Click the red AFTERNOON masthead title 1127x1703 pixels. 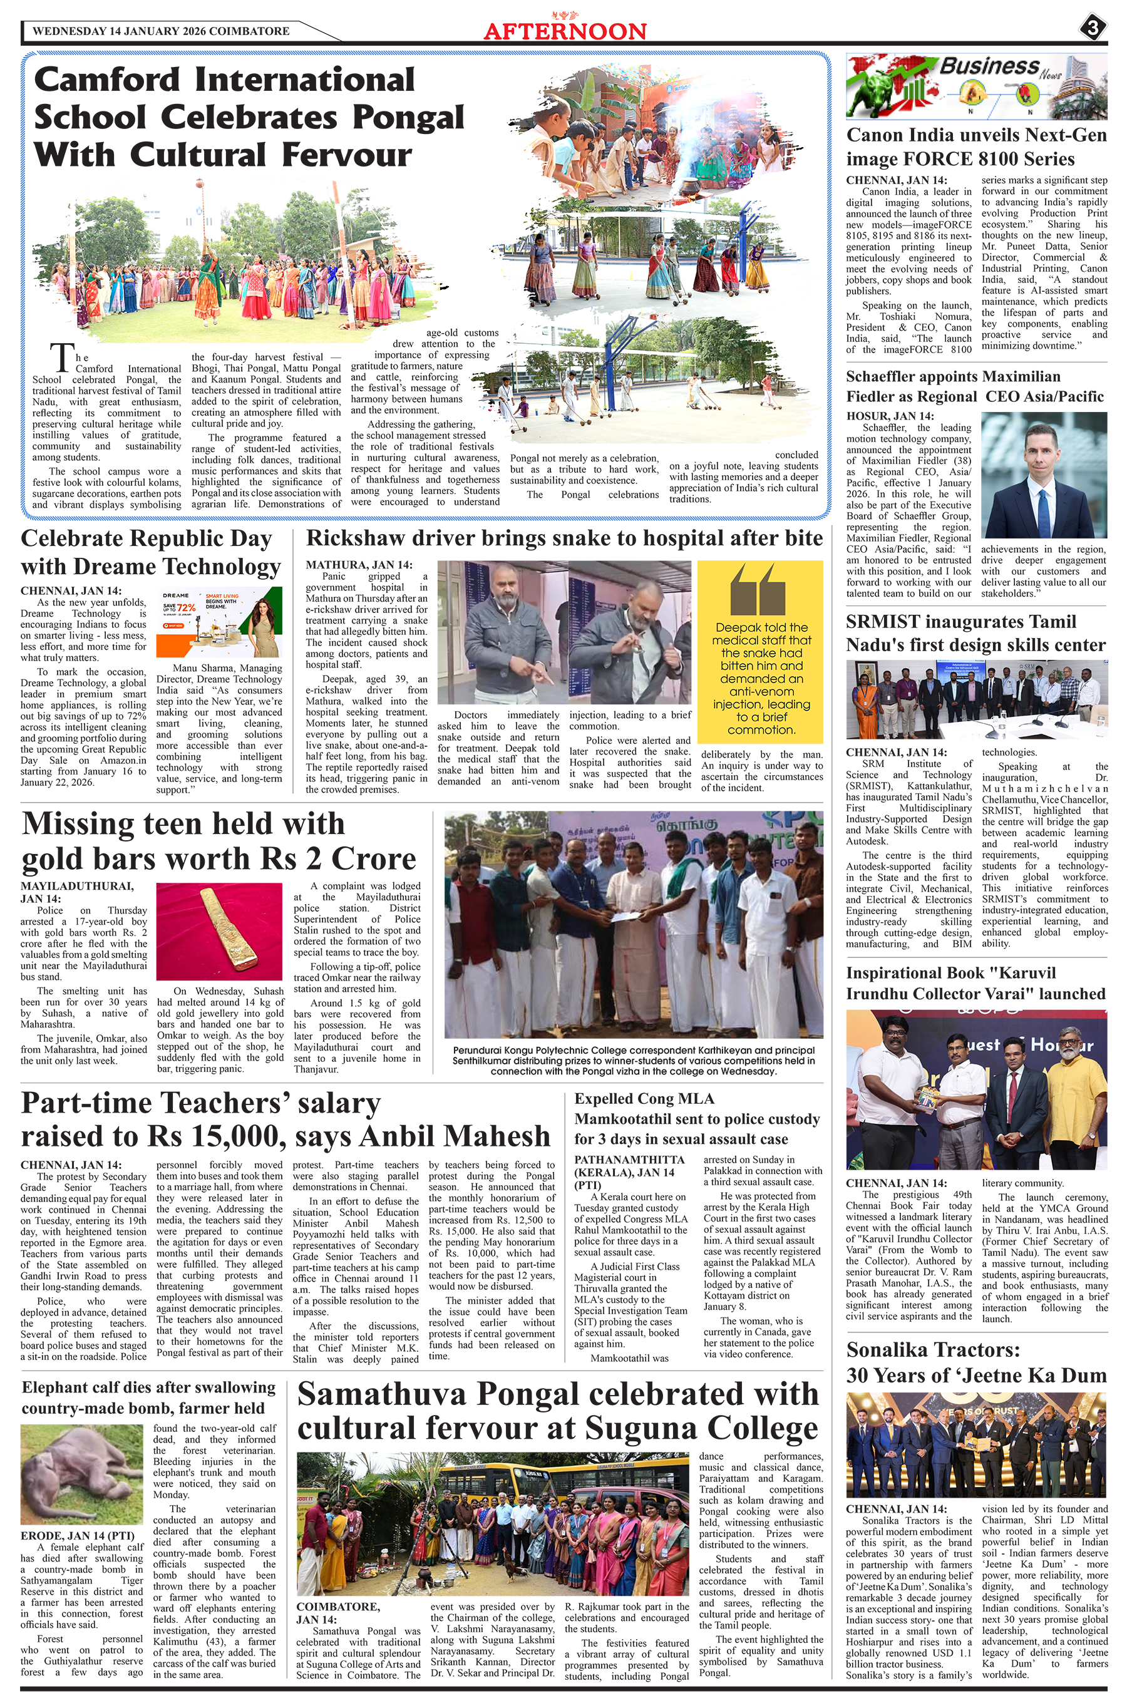pos(565,31)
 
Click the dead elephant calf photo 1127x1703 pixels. pos(81,1480)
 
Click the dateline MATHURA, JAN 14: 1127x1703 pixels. pos(359,565)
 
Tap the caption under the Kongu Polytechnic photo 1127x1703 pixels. pos(633,1061)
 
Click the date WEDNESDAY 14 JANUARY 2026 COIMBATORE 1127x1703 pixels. pos(161,31)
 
